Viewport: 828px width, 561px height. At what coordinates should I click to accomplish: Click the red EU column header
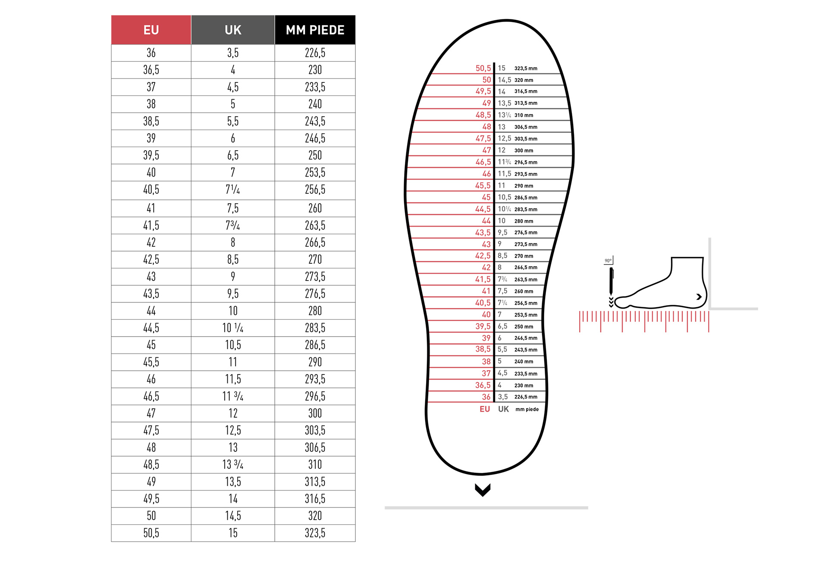[151, 30]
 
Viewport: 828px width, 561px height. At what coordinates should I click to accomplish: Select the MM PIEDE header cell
[315, 30]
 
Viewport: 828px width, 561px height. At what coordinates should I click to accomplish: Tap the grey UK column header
[233, 30]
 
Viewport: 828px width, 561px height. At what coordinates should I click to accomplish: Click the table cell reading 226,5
[315, 53]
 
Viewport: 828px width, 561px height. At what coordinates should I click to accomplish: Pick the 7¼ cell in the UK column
[233, 190]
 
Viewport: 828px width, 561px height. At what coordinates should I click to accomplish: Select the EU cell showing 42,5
[151, 260]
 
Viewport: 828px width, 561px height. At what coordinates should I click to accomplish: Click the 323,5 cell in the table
[315, 533]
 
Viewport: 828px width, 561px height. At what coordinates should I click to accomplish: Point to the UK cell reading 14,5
[233, 516]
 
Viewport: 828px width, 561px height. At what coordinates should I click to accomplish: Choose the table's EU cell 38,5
[151, 121]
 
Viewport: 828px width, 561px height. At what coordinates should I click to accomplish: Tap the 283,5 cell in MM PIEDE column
[315, 328]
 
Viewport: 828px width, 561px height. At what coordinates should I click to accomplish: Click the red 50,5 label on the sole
[483, 68]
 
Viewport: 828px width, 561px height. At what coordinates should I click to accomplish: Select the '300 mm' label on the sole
[524, 151]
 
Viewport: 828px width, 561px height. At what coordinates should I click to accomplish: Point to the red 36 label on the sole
[486, 397]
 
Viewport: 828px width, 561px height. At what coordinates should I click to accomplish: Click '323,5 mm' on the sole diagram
[526, 69]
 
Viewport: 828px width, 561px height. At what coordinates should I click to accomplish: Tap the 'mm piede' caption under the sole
[527, 409]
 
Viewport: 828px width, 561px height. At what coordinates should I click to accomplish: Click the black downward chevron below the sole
[483, 490]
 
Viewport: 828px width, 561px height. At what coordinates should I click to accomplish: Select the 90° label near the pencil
[608, 261]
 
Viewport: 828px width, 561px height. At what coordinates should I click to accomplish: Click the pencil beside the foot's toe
[611, 283]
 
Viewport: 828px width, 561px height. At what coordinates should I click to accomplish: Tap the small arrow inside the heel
[699, 297]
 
